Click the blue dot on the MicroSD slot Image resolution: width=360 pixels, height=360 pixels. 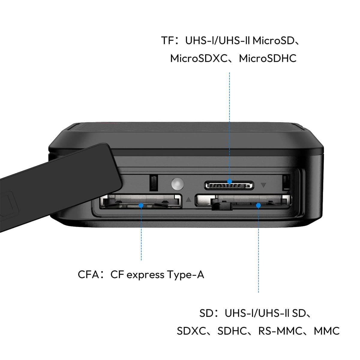click(x=229, y=181)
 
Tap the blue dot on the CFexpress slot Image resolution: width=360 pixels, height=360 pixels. click(x=141, y=205)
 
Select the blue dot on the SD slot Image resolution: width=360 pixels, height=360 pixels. click(x=258, y=205)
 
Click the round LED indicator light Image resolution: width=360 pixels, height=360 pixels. click(x=178, y=184)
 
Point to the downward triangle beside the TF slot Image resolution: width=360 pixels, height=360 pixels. click(x=263, y=185)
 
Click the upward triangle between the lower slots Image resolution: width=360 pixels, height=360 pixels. click(x=189, y=200)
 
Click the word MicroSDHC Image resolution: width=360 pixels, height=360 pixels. click(x=268, y=58)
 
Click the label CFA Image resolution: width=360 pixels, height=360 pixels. click(x=88, y=274)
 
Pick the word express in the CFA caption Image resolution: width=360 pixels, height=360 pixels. click(x=145, y=275)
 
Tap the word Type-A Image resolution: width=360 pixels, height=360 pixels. click(x=186, y=275)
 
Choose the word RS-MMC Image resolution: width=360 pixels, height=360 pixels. click(x=280, y=331)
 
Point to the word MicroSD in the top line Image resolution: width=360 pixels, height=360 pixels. click(x=274, y=40)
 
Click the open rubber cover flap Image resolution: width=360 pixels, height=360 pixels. click(x=60, y=185)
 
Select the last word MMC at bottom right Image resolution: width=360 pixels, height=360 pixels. click(x=327, y=331)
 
